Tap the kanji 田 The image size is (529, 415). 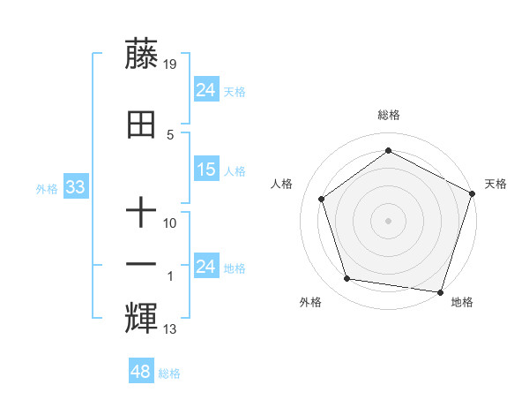pyautogui.click(x=142, y=126)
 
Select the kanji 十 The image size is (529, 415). pyautogui.click(x=142, y=215)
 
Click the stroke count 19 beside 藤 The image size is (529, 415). pyautogui.click(x=170, y=64)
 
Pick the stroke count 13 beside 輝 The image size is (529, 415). pyautogui.click(x=170, y=329)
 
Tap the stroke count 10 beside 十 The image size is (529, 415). pyautogui.click(x=170, y=223)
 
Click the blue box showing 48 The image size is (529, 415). pyautogui.click(x=141, y=372)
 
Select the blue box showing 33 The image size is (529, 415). pyautogui.click(x=75, y=187)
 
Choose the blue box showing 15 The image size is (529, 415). pyautogui.click(x=206, y=170)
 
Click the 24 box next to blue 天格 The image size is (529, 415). pyautogui.click(x=206, y=89)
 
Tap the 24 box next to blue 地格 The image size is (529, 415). pyautogui.click(x=206, y=267)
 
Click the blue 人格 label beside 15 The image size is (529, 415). pyautogui.click(x=235, y=170)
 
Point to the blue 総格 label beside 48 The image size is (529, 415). pyautogui.click(x=169, y=373)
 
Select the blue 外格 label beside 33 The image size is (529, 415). pyautogui.click(x=46, y=188)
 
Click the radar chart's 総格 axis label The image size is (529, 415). pyautogui.click(x=389, y=115)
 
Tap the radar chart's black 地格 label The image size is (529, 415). pyautogui.click(x=462, y=302)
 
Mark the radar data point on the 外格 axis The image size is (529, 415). pyautogui.click(x=347, y=279)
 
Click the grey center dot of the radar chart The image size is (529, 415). pyautogui.click(x=388, y=220)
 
